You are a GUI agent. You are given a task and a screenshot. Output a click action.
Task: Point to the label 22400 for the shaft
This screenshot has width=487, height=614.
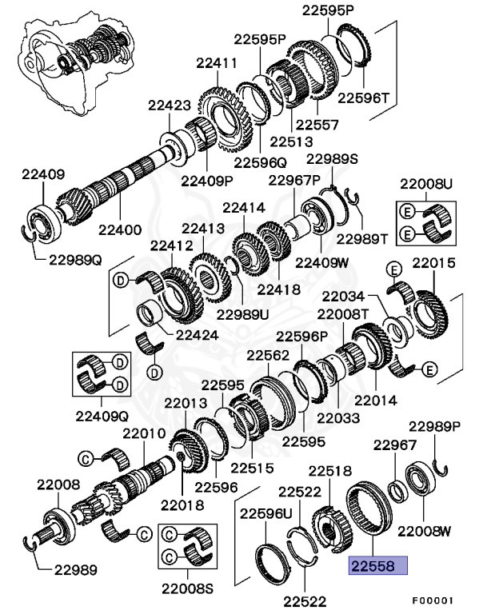120,229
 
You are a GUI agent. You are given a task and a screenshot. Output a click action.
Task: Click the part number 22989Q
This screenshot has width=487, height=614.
75,259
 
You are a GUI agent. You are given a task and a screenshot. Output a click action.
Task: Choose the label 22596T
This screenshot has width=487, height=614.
362,98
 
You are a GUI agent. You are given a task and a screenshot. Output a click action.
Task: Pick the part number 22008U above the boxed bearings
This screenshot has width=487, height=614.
425,184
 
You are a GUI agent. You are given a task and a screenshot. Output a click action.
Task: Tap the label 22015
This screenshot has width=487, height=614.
433,262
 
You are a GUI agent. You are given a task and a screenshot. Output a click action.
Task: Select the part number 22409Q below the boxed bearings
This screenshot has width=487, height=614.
102,414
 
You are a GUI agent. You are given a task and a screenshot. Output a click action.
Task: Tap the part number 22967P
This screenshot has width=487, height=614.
294,180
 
